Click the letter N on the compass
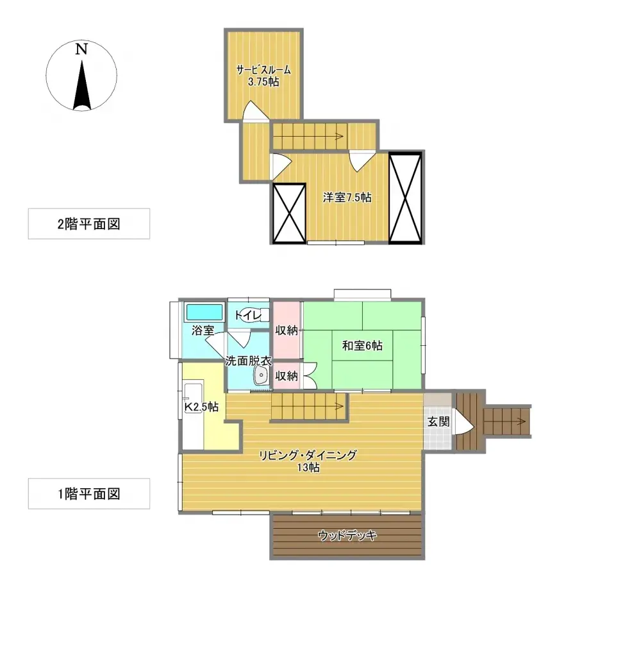pyautogui.click(x=81, y=49)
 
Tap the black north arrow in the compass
pyautogui.click(x=81, y=85)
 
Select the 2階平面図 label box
pyautogui.click(x=88, y=224)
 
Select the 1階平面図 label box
pyautogui.click(x=88, y=493)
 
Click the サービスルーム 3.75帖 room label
pyautogui.click(x=263, y=76)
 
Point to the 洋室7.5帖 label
pyautogui.click(x=347, y=198)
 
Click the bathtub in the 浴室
pyautogui.click(x=204, y=312)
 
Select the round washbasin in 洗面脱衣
pyautogui.click(x=262, y=375)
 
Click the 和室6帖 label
pyautogui.click(x=362, y=346)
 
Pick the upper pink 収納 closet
pyautogui.click(x=287, y=330)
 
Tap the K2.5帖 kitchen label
pyautogui.click(x=201, y=407)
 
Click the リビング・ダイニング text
pyautogui.click(x=308, y=455)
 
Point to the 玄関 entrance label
pyautogui.click(x=438, y=422)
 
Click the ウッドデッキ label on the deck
pyautogui.click(x=347, y=536)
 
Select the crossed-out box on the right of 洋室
pyautogui.click(x=404, y=198)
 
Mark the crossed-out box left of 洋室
pyautogui.click(x=289, y=213)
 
